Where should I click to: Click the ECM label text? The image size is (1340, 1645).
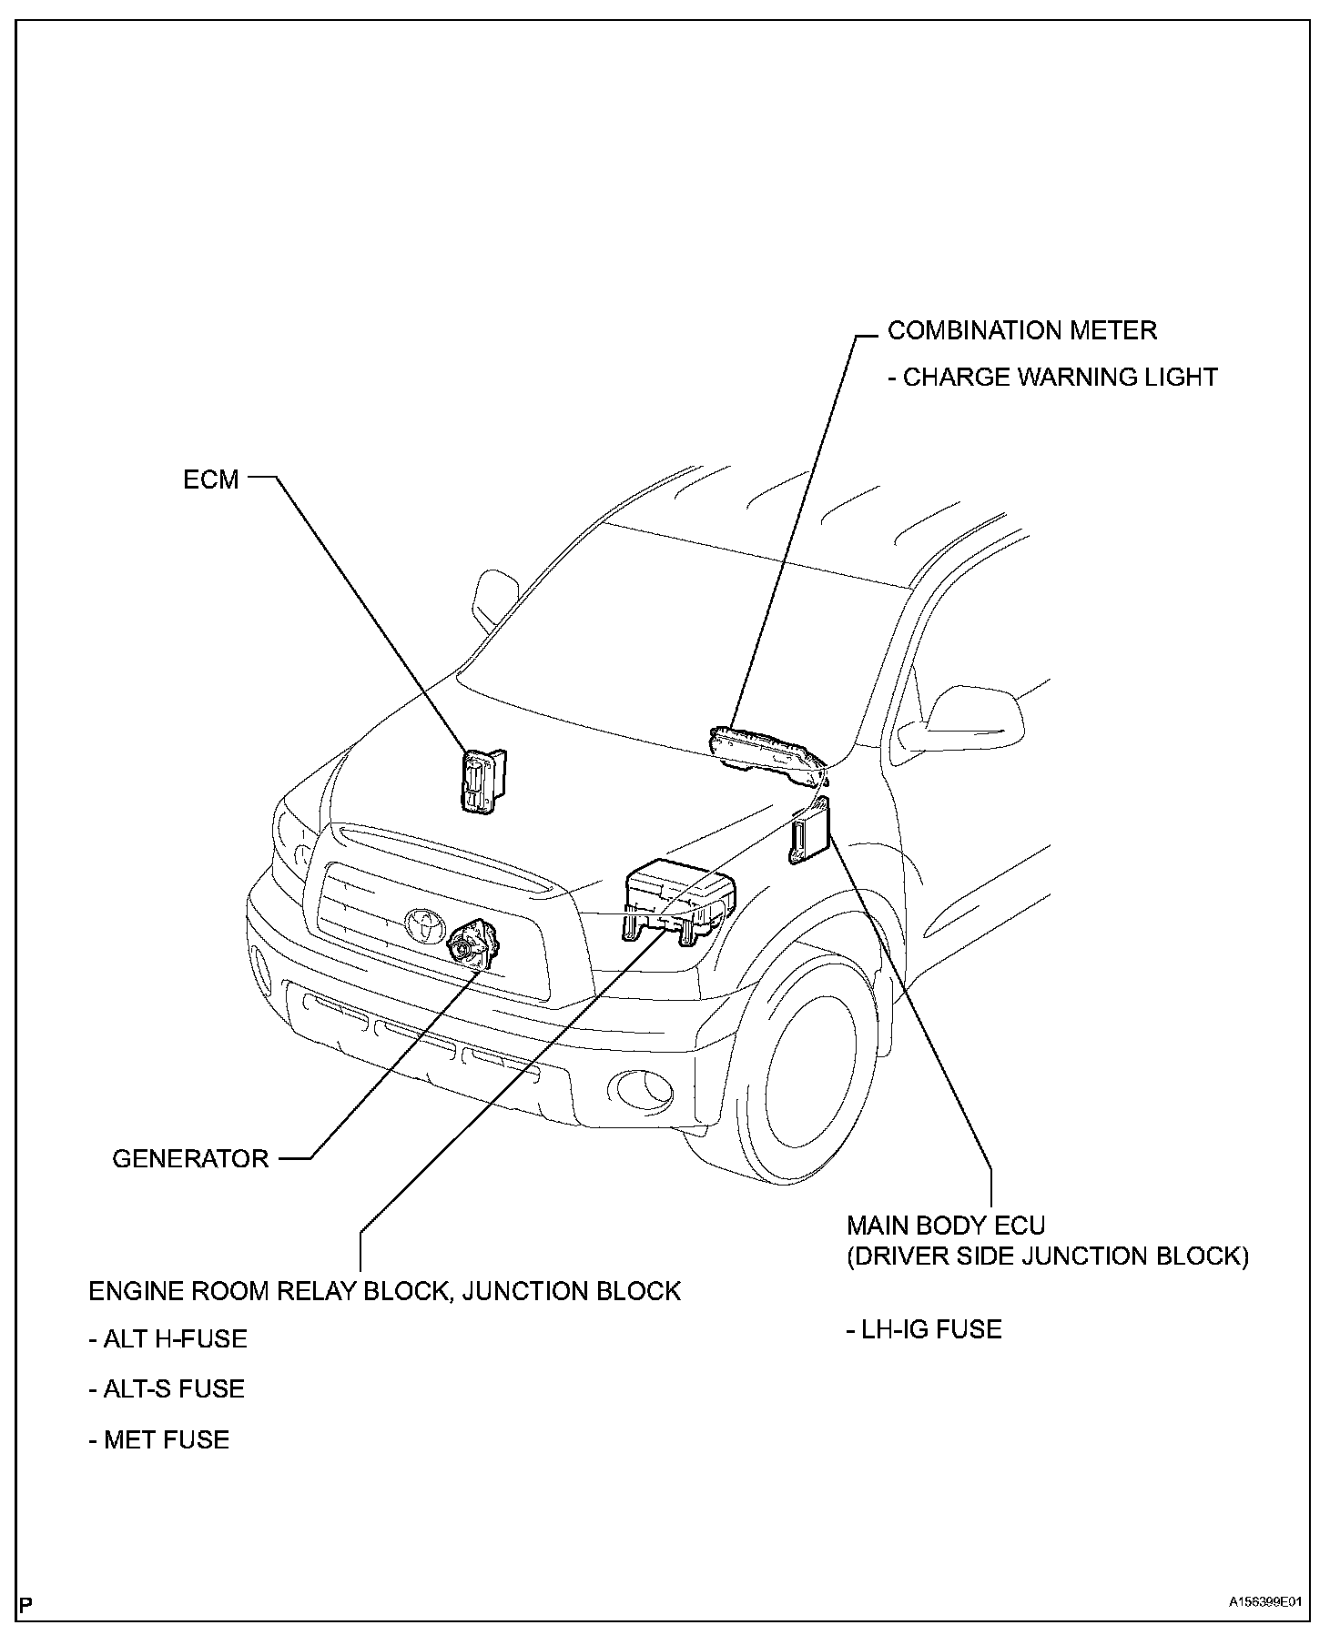tap(210, 479)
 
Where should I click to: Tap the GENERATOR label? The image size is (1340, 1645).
tap(190, 1158)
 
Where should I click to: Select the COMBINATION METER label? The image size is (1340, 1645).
tap(1022, 330)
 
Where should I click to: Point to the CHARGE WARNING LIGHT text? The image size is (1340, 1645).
tap(1053, 377)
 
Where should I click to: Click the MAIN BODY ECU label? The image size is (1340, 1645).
tap(946, 1225)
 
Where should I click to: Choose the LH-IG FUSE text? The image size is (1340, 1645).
tap(924, 1329)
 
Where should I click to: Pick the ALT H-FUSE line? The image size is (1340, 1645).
tap(168, 1339)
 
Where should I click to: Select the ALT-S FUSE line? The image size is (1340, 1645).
tap(167, 1389)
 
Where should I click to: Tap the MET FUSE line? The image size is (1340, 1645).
tap(159, 1439)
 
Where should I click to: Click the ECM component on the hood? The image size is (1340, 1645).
tap(482, 781)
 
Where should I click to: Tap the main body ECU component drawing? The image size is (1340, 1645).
tap(809, 830)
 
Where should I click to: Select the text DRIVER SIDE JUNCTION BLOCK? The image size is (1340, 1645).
tap(1047, 1256)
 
